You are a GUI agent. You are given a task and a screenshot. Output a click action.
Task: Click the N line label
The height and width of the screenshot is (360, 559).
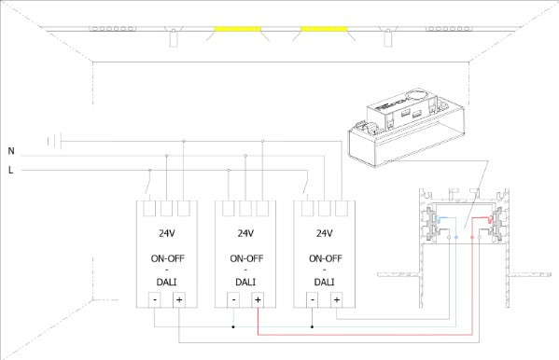pyautogui.click(x=11, y=151)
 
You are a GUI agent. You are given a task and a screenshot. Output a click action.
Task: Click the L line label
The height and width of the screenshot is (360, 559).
pyautogui.click(x=10, y=170)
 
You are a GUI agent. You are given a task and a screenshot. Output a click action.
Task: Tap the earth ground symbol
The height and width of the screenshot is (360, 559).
pyautogui.click(x=54, y=141)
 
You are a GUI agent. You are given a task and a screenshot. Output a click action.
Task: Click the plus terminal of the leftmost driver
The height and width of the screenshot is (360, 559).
pyautogui.click(x=179, y=299)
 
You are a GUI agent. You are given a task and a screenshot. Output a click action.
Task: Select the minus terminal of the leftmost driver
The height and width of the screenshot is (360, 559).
pyautogui.click(x=155, y=299)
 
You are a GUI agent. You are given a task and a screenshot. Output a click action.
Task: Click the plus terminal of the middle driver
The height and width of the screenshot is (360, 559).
pyautogui.click(x=258, y=299)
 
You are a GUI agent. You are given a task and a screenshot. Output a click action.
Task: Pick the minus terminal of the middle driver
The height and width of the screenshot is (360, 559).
pyautogui.click(x=233, y=299)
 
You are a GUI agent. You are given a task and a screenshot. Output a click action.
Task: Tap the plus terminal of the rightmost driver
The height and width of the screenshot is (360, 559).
pyautogui.click(x=337, y=299)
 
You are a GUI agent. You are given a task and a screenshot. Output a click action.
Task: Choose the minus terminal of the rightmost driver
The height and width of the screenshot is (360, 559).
pyautogui.click(x=313, y=299)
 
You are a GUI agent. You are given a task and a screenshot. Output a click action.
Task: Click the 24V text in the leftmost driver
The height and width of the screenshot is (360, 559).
pyautogui.click(x=167, y=233)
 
